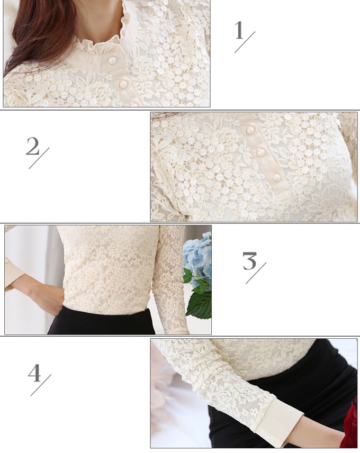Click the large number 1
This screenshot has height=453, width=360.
[239, 30]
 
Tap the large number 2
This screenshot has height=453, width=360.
[33, 146]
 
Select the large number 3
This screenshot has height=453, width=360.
[249, 261]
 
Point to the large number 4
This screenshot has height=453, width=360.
[34, 373]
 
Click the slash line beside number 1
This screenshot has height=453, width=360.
[245, 42]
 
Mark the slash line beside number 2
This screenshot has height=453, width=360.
[39, 158]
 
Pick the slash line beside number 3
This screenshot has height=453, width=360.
[256, 273]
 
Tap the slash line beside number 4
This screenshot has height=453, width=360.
[41, 385]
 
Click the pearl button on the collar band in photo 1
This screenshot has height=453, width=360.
[112, 60]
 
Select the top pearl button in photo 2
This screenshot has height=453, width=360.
[250, 130]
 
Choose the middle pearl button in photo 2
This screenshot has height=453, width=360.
[261, 152]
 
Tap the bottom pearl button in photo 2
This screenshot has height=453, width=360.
[276, 177]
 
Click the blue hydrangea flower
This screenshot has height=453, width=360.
[197, 254]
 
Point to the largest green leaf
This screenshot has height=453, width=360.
[200, 304]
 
